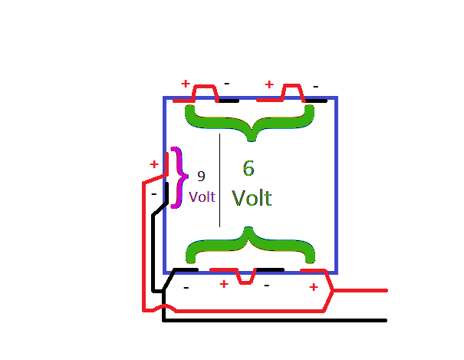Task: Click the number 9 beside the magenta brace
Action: click(x=201, y=176)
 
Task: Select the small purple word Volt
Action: click(x=202, y=197)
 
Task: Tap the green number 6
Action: click(x=248, y=168)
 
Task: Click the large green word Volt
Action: click(x=252, y=197)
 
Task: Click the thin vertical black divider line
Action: click(x=220, y=180)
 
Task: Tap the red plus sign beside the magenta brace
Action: click(x=153, y=163)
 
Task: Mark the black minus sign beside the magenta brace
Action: click(x=153, y=194)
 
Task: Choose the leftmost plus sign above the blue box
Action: click(x=185, y=83)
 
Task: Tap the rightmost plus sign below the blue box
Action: click(x=313, y=287)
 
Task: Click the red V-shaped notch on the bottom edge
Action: click(x=245, y=276)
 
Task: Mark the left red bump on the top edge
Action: click(x=204, y=93)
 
